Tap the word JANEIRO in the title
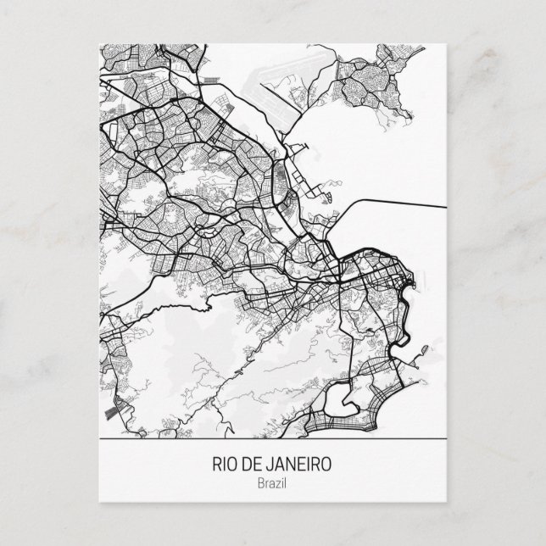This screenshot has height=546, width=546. click(295, 465)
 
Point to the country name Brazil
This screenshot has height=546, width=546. click(272, 483)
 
